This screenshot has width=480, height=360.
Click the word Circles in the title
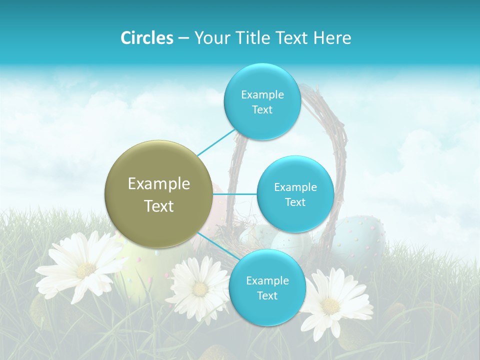pyautogui.click(x=146, y=38)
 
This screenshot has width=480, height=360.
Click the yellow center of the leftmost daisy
pyautogui.click(x=86, y=270)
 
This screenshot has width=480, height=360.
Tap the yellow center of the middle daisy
pyautogui.click(x=200, y=289)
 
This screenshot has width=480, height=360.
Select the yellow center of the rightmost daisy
pyautogui.click(x=331, y=305)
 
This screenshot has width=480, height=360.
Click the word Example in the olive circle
pyautogui.click(x=159, y=184)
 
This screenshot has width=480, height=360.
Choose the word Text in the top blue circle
pyautogui.click(x=262, y=110)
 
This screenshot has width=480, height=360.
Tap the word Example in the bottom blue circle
pyautogui.click(x=267, y=281)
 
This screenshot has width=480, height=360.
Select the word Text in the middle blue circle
pyautogui.click(x=295, y=202)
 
